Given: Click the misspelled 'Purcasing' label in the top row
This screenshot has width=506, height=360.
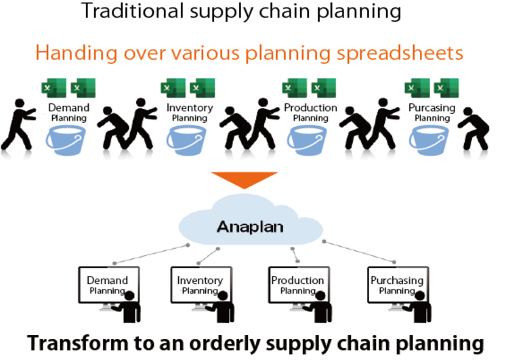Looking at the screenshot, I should [431, 108].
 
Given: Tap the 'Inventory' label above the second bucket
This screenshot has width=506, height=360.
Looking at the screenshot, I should [190, 108].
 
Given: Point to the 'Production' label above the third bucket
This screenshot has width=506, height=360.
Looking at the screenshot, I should [310, 108].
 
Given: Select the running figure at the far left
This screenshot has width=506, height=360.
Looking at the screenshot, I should [17, 124].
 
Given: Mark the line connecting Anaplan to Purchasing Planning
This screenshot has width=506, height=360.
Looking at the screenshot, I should [359, 250].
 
